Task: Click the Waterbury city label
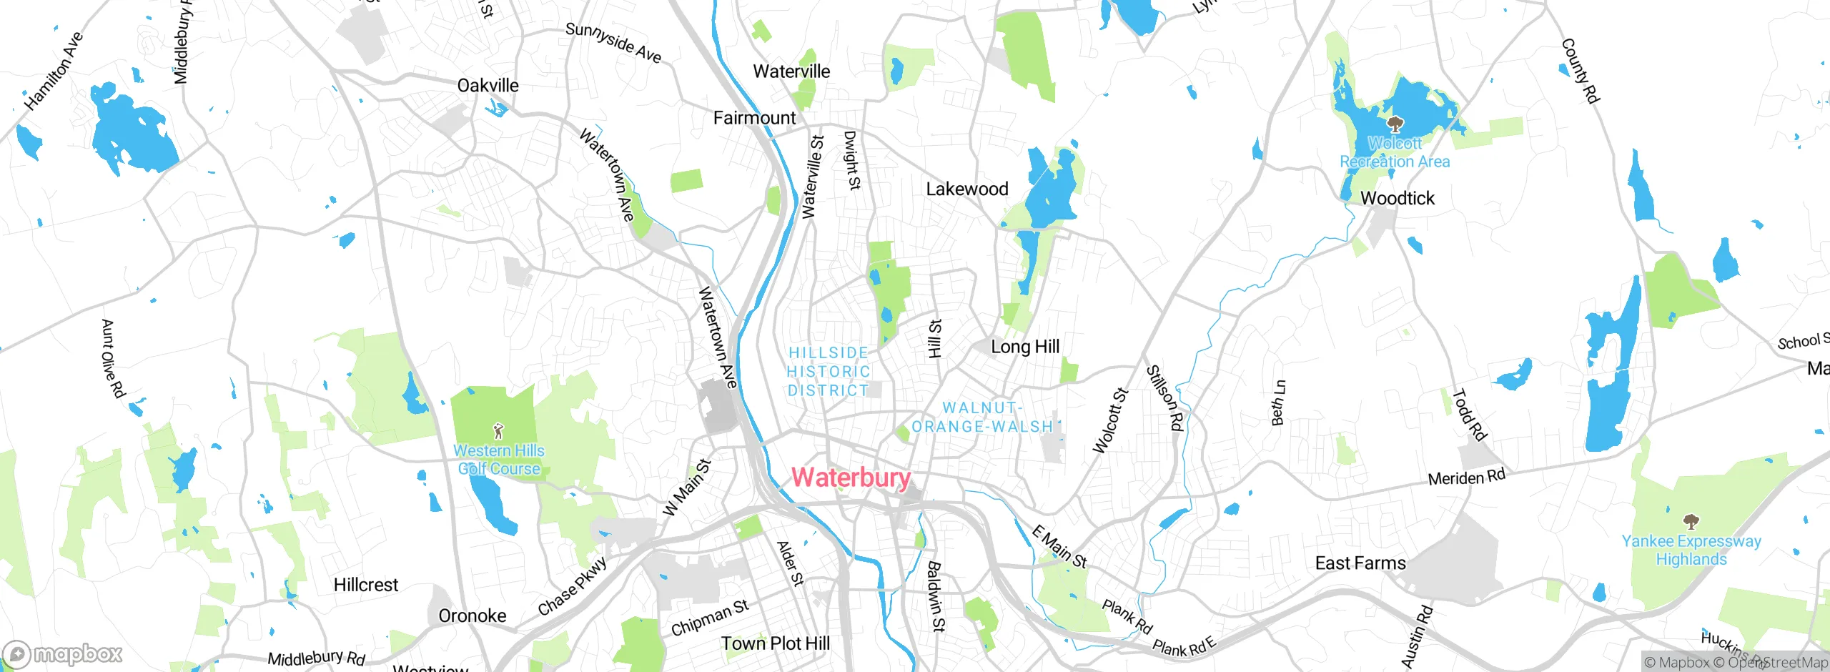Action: pos(851,478)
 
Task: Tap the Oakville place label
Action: pos(488,86)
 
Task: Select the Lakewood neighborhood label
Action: pos(966,189)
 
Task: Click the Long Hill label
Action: pos(1024,347)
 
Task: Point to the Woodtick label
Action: pos(1397,199)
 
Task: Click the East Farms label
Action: pos(1360,563)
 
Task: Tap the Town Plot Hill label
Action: pos(775,643)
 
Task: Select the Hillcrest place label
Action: pos(365,585)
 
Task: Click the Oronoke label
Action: pos(472,616)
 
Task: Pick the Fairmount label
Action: pos(754,118)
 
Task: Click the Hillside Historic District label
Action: pos(829,372)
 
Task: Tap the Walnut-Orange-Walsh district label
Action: pos(982,417)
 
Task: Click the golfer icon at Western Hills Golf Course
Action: pos(498,431)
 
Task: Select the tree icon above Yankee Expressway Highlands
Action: pos(1691,520)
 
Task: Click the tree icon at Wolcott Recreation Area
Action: pos(1394,125)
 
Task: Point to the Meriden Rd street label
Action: pos(1466,478)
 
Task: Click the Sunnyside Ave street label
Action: pos(613,43)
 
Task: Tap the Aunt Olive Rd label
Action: pos(112,359)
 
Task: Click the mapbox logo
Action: pos(63,654)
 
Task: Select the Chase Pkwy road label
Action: pos(573,587)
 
